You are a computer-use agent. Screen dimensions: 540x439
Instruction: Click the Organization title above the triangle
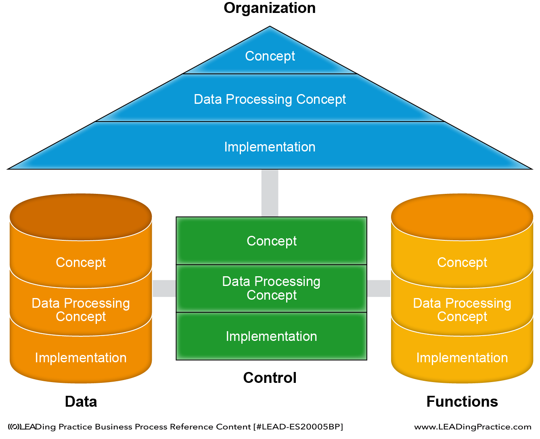[270, 8]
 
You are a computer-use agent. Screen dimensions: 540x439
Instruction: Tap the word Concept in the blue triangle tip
[270, 56]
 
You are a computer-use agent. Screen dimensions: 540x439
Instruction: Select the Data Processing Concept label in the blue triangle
[270, 99]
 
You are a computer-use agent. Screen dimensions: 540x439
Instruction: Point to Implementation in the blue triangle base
[270, 147]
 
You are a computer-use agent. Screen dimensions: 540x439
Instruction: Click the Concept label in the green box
[272, 241]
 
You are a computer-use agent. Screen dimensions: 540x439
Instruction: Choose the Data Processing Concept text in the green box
[271, 288]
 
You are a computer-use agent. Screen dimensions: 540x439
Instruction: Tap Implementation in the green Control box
[271, 336]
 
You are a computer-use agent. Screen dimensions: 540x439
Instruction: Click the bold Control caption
[270, 378]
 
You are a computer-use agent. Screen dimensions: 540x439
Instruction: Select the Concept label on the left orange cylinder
[81, 262]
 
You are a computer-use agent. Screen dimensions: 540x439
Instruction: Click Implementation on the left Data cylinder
[81, 357]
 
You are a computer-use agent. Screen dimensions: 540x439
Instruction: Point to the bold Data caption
[81, 401]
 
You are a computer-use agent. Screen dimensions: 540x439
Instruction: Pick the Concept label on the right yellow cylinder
[462, 262]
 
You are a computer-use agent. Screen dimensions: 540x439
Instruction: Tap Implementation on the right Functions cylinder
[462, 357]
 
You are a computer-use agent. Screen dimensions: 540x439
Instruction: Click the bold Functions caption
[462, 401]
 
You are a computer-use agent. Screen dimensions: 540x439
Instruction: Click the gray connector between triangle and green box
[270, 193]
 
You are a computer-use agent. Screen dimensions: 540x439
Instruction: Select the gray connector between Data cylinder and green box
[164, 288]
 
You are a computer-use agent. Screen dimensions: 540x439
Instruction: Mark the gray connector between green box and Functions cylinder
[379, 288]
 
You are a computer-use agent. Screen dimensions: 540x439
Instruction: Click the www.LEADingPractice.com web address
[473, 427]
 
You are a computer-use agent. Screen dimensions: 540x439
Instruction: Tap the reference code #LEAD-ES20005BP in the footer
[298, 427]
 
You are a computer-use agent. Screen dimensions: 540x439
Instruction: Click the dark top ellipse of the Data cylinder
[81, 217]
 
